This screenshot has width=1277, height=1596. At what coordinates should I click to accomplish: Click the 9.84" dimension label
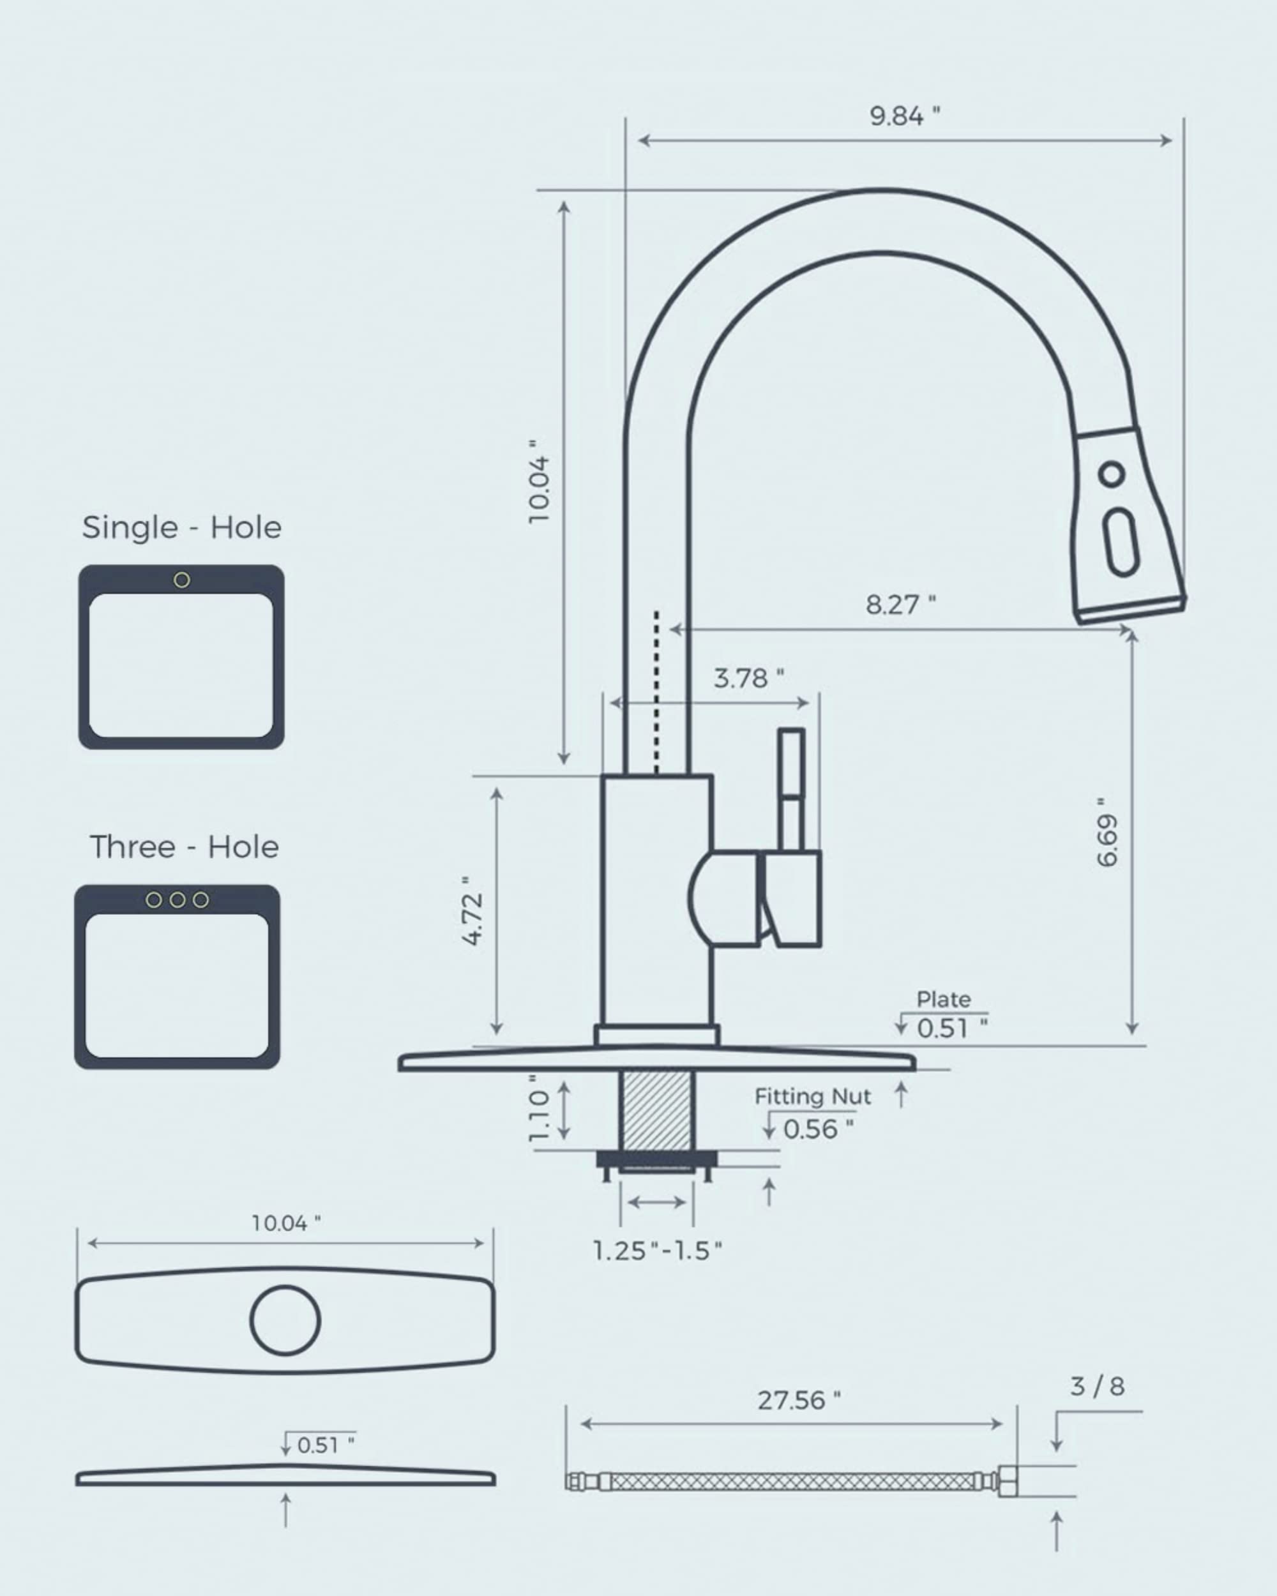click(x=904, y=116)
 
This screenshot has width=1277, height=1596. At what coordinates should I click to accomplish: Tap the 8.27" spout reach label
click(x=900, y=605)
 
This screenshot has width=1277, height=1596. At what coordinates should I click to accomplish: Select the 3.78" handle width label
click(x=748, y=678)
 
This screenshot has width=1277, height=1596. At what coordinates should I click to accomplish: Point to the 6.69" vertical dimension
click(x=1107, y=832)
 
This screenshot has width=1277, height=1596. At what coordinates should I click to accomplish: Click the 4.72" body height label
click(x=472, y=910)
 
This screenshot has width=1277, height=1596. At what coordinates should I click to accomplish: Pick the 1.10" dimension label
click(x=540, y=1108)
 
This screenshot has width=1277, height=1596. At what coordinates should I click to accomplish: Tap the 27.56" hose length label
click(x=798, y=1401)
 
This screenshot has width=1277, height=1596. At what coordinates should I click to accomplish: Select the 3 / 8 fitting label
click(x=1096, y=1387)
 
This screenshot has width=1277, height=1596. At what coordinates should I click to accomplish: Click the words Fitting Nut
click(x=812, y=1096)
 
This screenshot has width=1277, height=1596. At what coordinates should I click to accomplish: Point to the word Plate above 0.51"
click(x=943, y=999)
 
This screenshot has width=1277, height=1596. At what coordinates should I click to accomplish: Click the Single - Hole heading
click(x=181, y=528)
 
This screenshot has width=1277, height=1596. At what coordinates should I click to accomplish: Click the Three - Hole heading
click(x=184, y=847)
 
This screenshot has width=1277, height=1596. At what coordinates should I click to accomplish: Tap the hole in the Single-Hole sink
click(x=181, y=580)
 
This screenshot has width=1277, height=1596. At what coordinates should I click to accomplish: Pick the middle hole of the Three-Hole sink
click(x=177, y=900)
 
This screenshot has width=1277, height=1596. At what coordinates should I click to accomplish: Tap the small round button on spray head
click(x=1110, y=474)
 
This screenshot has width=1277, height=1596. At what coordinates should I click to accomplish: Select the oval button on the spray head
click(x=1121, y=542)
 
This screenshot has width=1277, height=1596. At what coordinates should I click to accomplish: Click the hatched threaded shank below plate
click(x=656, y=1111)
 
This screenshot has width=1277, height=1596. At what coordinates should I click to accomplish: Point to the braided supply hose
click(x=792, y=1482)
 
